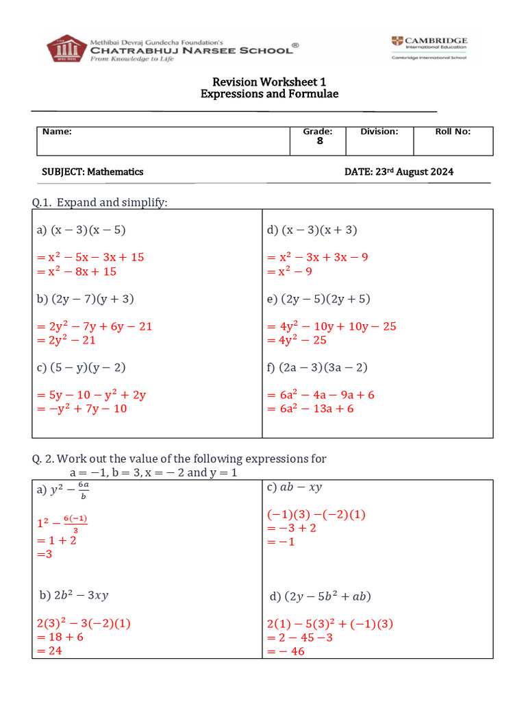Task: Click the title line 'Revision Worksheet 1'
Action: pos(268,82)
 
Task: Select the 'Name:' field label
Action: pos(57,132)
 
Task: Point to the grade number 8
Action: pos(319,141)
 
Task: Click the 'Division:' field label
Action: pos(379,132)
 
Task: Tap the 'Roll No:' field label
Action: pos(453,132)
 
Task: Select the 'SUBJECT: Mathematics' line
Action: pos(93,172)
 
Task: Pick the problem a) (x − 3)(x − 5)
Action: pos(81,230)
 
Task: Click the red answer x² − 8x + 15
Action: pos(77,271)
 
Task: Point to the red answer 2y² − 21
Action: pos(66,340)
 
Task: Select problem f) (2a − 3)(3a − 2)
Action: pos(317,367)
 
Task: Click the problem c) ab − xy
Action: pos(295,487)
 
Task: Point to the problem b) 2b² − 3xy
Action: pos(74,595)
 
